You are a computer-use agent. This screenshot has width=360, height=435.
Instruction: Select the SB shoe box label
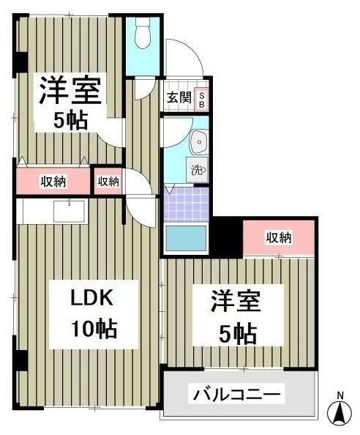click(x=203, y=98)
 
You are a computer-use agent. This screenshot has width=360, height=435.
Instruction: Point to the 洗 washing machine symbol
click(x=198, y=170)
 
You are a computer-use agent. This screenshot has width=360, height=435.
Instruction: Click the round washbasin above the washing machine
click(x=198, y=141)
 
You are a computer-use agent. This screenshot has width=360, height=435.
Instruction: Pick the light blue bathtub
click(x=186, y=238)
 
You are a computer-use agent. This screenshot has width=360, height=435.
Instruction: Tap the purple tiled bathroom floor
click(x=186, y=204)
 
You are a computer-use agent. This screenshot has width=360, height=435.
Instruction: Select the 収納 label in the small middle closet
click(x=108, y=182)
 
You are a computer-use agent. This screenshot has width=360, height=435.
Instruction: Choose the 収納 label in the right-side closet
click(x=279, y=237)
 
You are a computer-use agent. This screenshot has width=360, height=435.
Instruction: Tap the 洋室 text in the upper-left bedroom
click(x=71, y=90)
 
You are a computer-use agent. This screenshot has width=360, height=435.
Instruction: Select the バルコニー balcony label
click(x=236, y=395)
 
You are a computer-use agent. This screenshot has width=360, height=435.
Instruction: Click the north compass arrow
click(x=340, y=414)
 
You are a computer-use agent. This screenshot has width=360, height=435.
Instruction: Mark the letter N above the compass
click(x=340, y=397)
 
